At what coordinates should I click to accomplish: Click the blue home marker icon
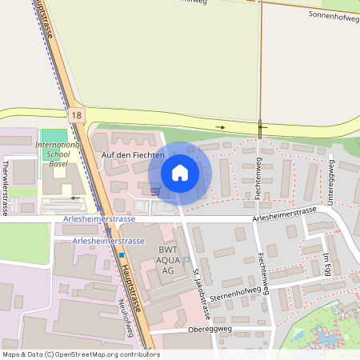click(x=180, y=173)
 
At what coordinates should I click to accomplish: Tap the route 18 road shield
click(x=76, y=116)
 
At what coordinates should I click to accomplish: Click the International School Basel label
click(x=58, y=154)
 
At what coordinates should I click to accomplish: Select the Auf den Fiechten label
click(x=133, y=155)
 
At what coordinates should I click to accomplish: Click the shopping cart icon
click(x=155, y=190)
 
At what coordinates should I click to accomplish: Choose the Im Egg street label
click(x=326, y=265)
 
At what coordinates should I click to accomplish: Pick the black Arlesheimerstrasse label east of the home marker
click(x=284, y=214)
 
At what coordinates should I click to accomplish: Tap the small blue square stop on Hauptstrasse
click(x=122, y=255)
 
